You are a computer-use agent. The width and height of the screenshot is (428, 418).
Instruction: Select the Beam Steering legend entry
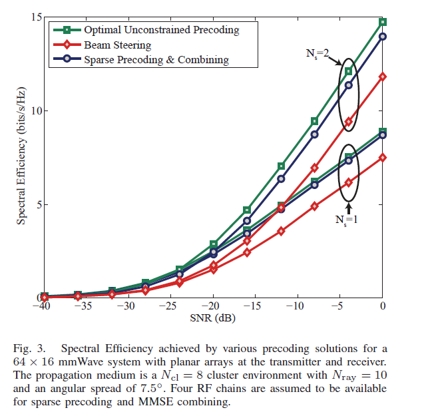coord(117,45)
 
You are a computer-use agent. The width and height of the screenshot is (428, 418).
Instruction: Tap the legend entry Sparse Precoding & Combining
coord(156,60)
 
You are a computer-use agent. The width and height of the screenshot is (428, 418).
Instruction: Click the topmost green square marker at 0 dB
coord(382,22)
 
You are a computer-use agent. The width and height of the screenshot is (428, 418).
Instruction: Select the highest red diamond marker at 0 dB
coord(382,77)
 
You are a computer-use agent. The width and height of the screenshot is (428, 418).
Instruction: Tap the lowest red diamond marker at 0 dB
coord(382,158)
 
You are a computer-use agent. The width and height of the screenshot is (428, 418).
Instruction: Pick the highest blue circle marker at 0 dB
coord(382,37)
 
